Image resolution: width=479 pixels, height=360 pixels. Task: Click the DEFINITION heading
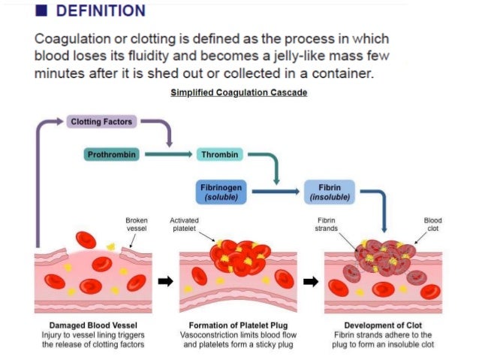click(101, 11)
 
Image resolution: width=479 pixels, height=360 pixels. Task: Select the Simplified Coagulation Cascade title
click(239, 92)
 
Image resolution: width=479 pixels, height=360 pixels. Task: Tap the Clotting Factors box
click(101, 121)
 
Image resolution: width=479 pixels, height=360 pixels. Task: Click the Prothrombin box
click(111, 155)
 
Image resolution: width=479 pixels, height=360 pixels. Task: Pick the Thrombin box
click(221, 155)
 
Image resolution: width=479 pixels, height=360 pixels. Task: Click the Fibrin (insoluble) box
click(330, 192)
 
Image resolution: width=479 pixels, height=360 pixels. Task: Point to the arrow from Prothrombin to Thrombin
click(169, 155)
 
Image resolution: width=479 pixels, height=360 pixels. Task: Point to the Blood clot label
click(433, 224)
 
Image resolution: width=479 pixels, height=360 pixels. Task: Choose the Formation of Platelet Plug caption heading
click(239, 325)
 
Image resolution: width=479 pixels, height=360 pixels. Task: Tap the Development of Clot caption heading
click(383, 325)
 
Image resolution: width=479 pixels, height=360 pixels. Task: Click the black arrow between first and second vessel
click(165, 282)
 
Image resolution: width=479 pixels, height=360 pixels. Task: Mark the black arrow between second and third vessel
click(310, 282)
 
